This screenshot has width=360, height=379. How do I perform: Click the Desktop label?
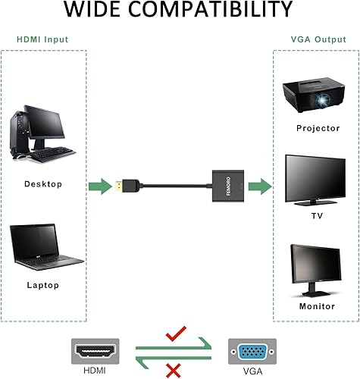pos(43,184)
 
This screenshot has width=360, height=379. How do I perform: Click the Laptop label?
pos(42,286)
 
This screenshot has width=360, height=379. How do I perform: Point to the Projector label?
pos(318,128)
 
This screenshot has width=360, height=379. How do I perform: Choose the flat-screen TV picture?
pos(317,180)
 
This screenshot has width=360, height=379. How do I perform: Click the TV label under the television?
pos(318,215)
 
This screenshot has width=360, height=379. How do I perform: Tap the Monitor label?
pos(317,306)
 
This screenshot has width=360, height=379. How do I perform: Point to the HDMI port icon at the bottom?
pos(95,352)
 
